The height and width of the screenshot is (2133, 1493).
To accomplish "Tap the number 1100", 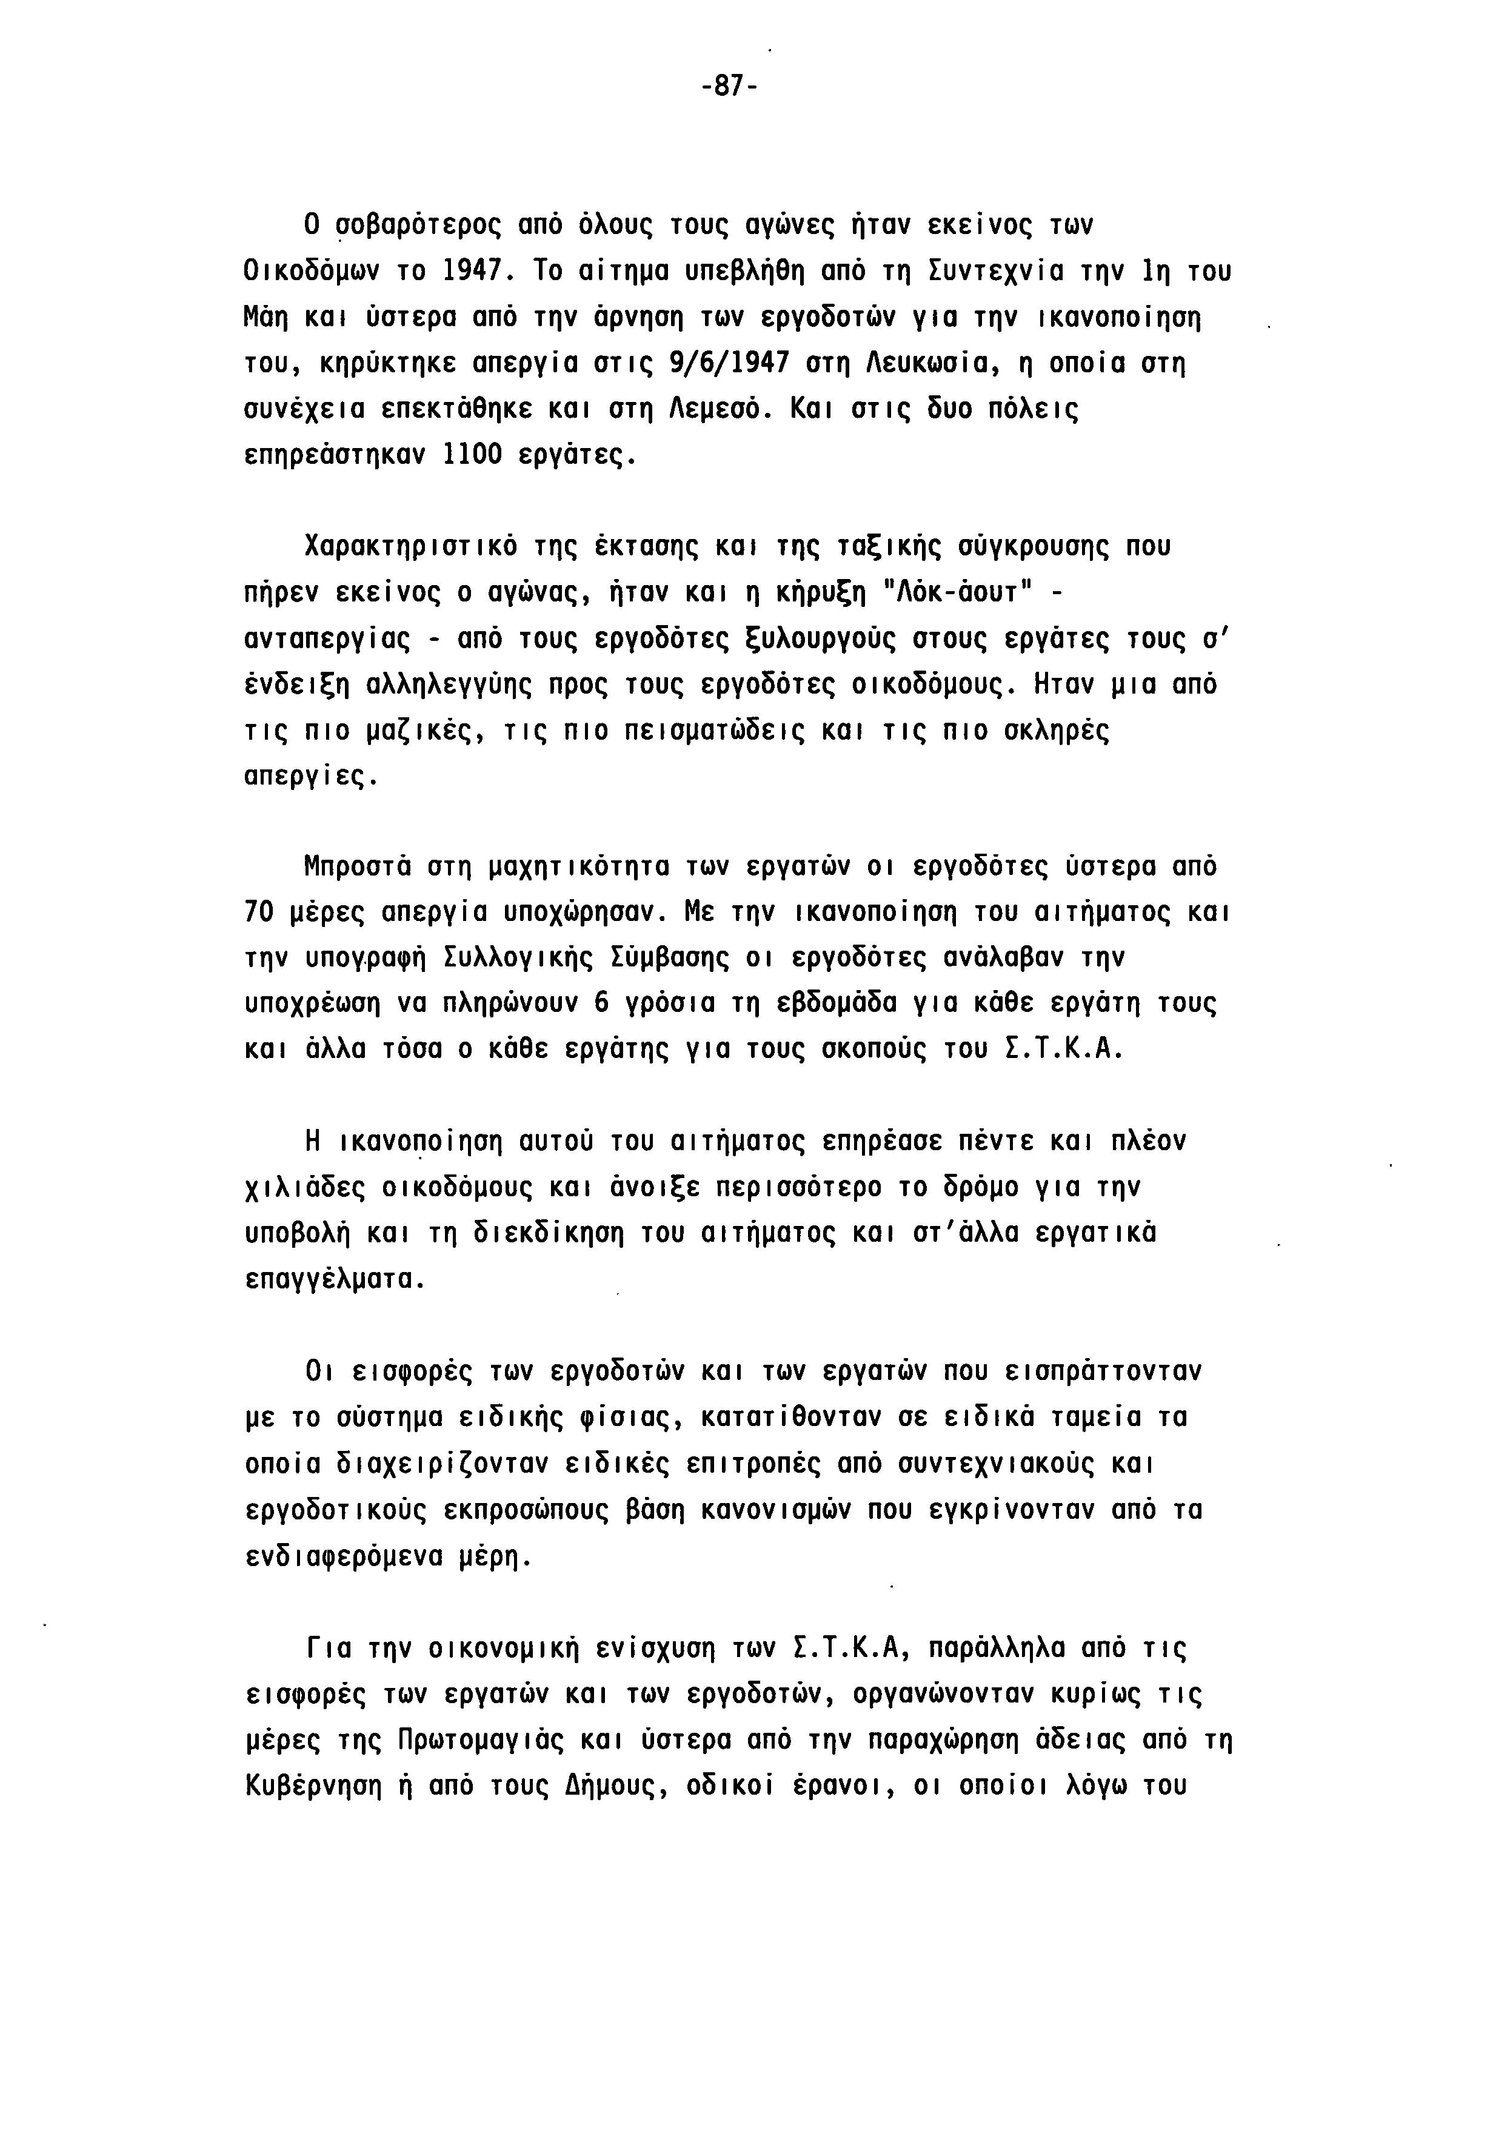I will (x=474, y=455).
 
